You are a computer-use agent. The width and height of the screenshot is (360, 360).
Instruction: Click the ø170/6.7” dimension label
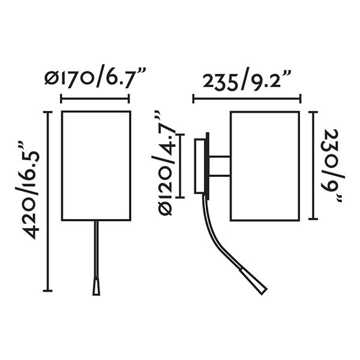95,78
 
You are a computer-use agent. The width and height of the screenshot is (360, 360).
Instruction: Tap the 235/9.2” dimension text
247,80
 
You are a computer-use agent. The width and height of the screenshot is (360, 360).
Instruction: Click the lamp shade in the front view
96,165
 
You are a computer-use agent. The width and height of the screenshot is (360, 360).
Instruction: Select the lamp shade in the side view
264,165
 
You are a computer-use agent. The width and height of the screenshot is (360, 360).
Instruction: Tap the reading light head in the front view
96,287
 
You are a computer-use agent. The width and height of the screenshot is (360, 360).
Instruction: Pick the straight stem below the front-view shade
96,249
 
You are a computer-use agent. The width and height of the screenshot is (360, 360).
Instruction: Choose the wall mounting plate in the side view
200,166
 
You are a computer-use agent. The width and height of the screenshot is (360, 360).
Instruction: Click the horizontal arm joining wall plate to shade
219,166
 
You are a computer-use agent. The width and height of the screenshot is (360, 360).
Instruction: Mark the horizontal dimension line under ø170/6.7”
95,100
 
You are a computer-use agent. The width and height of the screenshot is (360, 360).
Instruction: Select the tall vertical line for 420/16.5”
49,201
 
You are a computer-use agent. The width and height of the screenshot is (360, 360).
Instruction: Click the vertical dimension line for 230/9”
313,166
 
